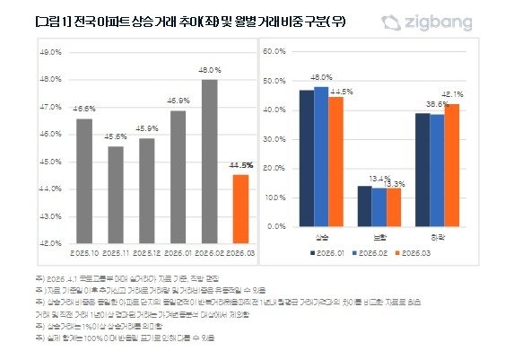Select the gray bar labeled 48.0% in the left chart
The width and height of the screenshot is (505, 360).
208,162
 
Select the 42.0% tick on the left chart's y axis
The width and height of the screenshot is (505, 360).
50,242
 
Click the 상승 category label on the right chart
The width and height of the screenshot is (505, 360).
321,237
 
